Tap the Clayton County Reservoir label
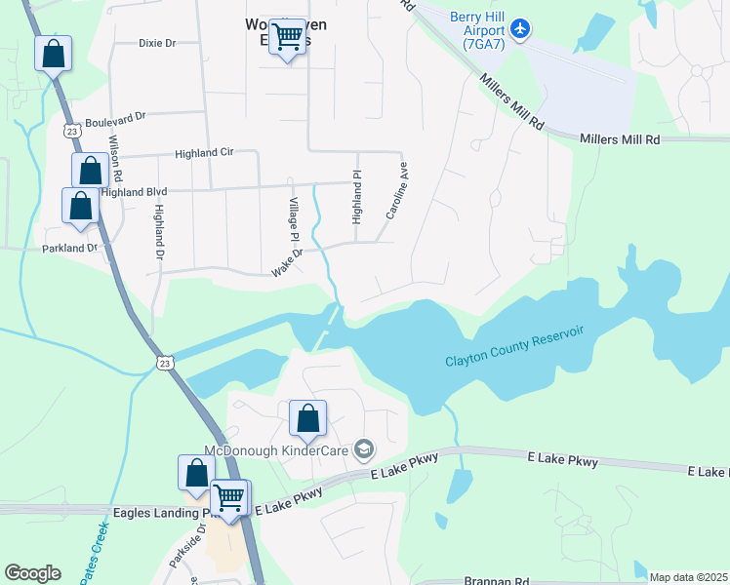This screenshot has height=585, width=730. click(x=514, y=347)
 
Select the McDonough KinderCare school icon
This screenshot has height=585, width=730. click(x=364, y=448)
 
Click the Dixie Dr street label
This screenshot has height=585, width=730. click(x=157, y=43)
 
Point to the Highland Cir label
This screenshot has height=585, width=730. click(x=205, y=153)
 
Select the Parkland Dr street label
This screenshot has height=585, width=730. click(x=70, y=249)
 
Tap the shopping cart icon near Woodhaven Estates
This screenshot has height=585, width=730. click(x=287, y=37)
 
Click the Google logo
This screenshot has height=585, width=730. click(x=32, y=573)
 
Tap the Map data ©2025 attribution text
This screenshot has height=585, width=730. click(x=687, y=577)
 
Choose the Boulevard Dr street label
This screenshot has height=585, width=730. click(x=115, y=117)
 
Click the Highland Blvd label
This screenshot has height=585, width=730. click(x=135, y=192)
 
